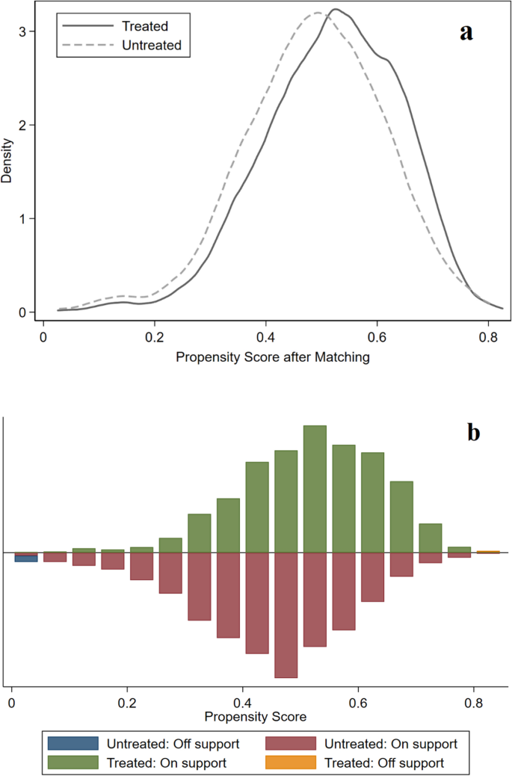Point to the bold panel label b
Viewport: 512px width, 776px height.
click(472, 432)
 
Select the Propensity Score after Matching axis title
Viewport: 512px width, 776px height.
click(273, 357)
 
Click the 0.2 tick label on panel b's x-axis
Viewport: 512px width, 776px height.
click(127, 703)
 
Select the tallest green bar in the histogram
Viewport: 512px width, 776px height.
click(315, 489)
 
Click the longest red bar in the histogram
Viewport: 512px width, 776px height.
click(286, 615)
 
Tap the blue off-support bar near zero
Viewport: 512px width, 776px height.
click(26, 558)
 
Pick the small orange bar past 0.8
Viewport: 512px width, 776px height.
click(487, 552)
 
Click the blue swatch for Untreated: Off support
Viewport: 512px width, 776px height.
click(73, 743)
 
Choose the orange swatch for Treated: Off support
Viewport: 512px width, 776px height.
click(293, 763)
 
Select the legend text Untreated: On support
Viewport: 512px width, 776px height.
click(390, 743)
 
